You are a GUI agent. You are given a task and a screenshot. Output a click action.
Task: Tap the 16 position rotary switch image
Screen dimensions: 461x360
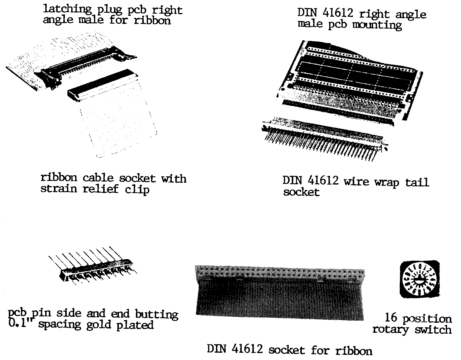420,279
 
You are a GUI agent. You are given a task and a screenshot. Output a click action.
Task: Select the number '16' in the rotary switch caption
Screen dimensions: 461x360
391,317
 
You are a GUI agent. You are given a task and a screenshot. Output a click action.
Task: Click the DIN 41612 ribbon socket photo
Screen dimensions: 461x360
280,293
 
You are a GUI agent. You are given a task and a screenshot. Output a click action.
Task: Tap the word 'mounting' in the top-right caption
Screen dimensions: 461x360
377,25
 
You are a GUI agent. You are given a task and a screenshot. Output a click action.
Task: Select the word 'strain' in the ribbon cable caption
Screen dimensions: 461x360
59,188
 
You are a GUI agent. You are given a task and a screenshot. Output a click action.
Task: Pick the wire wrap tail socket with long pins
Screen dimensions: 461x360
325,138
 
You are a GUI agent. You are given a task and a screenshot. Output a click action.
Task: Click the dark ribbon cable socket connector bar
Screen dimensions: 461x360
103,85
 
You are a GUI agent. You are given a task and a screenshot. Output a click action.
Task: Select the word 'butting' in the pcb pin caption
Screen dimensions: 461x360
157,315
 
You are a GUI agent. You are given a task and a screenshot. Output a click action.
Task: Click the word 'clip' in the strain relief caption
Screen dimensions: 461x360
137,189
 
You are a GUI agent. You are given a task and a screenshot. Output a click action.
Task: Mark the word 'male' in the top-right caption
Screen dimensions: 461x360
310,23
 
